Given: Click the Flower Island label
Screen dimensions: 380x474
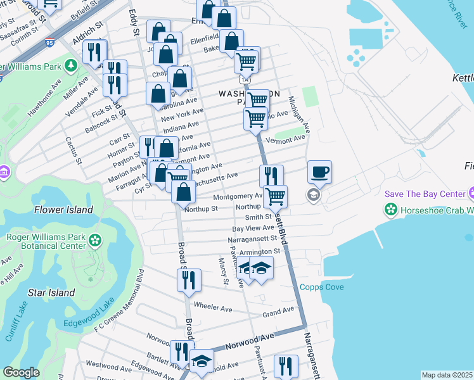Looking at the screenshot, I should [63, 210].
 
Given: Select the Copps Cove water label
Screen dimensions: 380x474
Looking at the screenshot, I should [322, 288].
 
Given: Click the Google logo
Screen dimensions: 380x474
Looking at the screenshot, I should [21, 372].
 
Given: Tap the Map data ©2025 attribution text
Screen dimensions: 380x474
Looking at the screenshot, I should [447, 375].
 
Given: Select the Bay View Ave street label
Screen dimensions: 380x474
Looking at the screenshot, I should [253, 228].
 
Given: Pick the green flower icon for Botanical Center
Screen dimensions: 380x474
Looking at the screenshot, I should [95, 240].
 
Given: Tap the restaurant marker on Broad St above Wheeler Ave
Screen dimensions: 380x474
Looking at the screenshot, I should [189, 280].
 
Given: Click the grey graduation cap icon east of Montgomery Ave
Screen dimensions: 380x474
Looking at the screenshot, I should [314, 195].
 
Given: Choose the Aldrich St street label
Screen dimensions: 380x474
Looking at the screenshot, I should [87, 35].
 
